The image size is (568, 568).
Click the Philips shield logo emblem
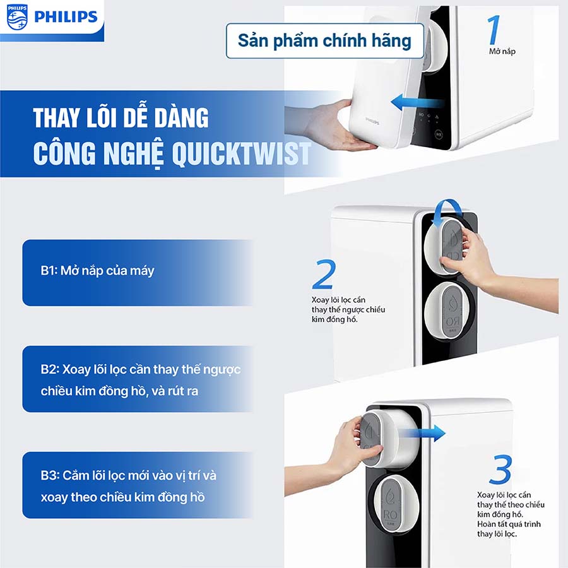[x=17, y=17]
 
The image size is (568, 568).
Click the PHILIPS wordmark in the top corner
[x=66, y=17]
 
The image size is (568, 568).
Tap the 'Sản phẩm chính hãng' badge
[x=324, y=41]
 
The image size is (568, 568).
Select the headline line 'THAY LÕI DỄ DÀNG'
[x=121, y=118]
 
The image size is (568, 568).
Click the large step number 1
[x=495, y=30]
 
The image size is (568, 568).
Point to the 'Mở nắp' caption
[x=502, y=50]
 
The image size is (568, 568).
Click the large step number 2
[x=322, y=275]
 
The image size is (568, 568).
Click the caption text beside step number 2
[x=348, y=309]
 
